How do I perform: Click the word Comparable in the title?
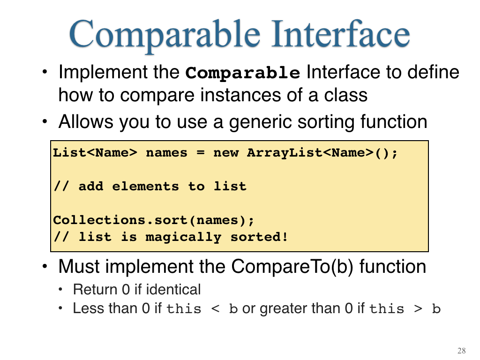tap(165, 36)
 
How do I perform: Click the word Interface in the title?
tap(341, 33)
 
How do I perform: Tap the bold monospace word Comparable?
tap(243, 73)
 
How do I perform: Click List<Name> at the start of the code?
tap(95, 152)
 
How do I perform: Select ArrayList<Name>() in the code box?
tap(322, 153)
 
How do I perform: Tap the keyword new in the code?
tap(226, 153)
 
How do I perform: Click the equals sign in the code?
tap(201, 153)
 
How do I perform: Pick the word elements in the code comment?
tap(145, 186)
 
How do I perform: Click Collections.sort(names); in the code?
tap(154, 220)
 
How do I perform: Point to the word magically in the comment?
tap(183, 237)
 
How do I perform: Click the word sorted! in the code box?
tap(259, 237)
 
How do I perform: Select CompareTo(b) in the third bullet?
tap(292, 266)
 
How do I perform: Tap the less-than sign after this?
tap(216, 308)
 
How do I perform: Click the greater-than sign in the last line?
tap(418, 308)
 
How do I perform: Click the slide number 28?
tap(462, 351)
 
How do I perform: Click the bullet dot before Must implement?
tap(45, 266)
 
